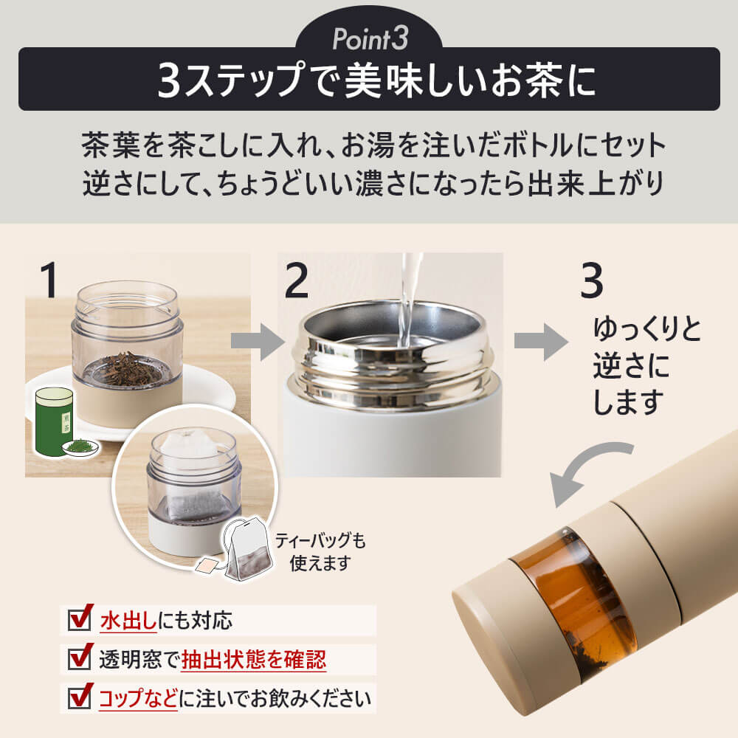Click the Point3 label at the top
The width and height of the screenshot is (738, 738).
click(370, 38)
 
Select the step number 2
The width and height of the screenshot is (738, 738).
click(297, 280)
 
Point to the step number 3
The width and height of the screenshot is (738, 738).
click(591, 280)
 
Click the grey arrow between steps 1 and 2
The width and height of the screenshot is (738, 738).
click(258, 341)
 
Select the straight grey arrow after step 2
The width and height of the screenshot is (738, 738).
click(541, 342)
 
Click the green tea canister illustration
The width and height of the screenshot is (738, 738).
click(54, 421)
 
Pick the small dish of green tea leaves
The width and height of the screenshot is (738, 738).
click(80, 447)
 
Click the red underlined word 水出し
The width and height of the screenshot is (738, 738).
click(128, 621)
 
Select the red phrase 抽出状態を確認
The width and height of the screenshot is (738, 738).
click(253, 659)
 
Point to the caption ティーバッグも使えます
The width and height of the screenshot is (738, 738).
click(320, 551)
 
